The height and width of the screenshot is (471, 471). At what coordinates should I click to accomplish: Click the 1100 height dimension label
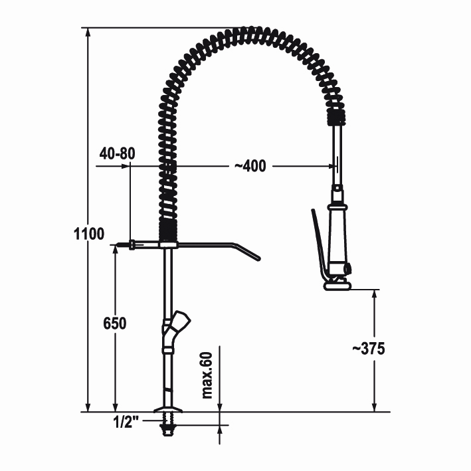point(89,234)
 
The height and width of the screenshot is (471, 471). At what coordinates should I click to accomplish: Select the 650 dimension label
point(115,324)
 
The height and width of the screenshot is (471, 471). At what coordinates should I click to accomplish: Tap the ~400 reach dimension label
point(250,166)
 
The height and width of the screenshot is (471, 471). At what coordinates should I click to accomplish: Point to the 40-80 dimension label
point(118,153)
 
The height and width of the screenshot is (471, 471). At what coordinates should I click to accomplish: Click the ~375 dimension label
point(368,349)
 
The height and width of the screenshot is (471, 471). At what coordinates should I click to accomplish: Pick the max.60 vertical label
point(207,375)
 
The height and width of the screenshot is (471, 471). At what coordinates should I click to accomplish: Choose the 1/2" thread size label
point(126,423)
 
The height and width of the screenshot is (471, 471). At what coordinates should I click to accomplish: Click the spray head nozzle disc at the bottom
point(337,286)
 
